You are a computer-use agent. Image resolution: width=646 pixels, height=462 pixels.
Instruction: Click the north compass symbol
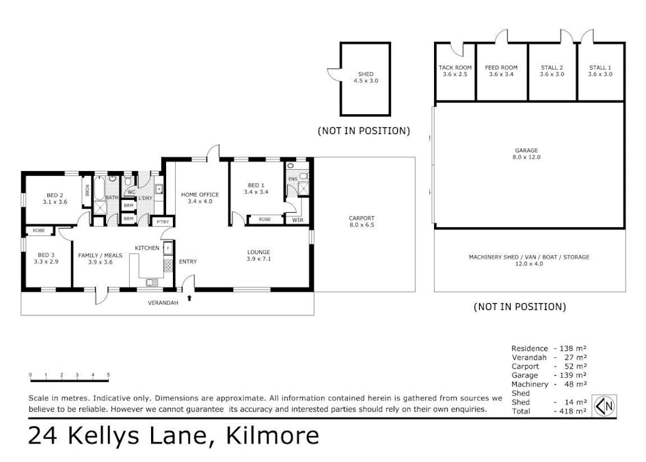coord(605,406)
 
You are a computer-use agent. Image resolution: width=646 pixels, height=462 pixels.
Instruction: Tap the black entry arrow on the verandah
coord(189,298)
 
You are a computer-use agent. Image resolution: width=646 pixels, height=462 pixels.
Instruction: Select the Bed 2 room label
coord(55,198)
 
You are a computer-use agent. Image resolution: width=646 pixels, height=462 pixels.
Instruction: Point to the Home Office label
coord(200,198)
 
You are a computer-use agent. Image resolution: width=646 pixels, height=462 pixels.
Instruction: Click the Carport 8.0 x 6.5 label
coord(362,222)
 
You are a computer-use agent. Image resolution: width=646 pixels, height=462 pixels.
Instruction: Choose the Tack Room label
coord(455,71)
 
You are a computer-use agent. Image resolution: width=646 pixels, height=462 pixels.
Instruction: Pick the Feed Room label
coord(501,71)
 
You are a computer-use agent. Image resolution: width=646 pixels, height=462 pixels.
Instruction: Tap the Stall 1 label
coord(600,71)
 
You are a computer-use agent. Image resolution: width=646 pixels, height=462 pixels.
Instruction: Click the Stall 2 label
coord(552,71)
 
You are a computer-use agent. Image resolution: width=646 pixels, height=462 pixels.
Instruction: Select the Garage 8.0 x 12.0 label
coord(526,154)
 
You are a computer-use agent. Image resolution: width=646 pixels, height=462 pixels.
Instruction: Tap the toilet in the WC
coord(128,181)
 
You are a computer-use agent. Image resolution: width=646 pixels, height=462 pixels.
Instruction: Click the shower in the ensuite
coord(304,188)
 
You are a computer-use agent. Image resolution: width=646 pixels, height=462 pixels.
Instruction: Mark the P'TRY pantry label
coord(163,222)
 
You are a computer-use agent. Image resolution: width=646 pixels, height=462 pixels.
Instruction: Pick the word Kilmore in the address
coord(273,435)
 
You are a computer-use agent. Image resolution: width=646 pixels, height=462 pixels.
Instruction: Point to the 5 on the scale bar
coord(109,375)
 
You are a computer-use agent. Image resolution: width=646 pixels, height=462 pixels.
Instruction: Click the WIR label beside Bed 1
coord(298,220)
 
